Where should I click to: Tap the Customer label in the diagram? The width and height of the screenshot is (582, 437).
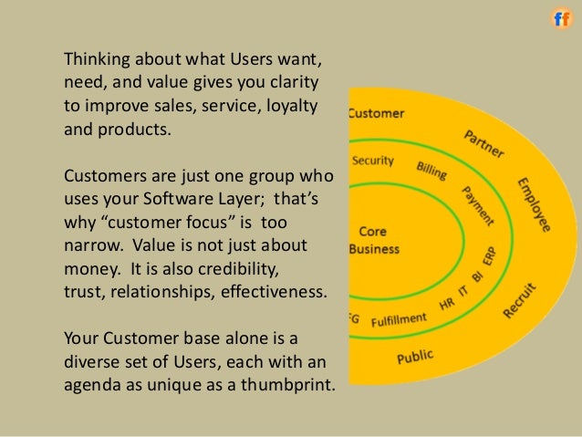[376, 114]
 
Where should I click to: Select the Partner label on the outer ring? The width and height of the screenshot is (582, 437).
[482, 142]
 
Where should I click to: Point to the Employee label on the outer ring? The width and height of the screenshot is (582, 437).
[535, 204]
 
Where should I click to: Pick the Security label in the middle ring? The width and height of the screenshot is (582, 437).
[372, 161]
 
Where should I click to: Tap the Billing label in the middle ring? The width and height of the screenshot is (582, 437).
[431, 171]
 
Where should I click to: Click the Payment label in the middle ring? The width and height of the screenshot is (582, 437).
[478, 206]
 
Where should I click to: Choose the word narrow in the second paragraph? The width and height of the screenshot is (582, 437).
[90, 246]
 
